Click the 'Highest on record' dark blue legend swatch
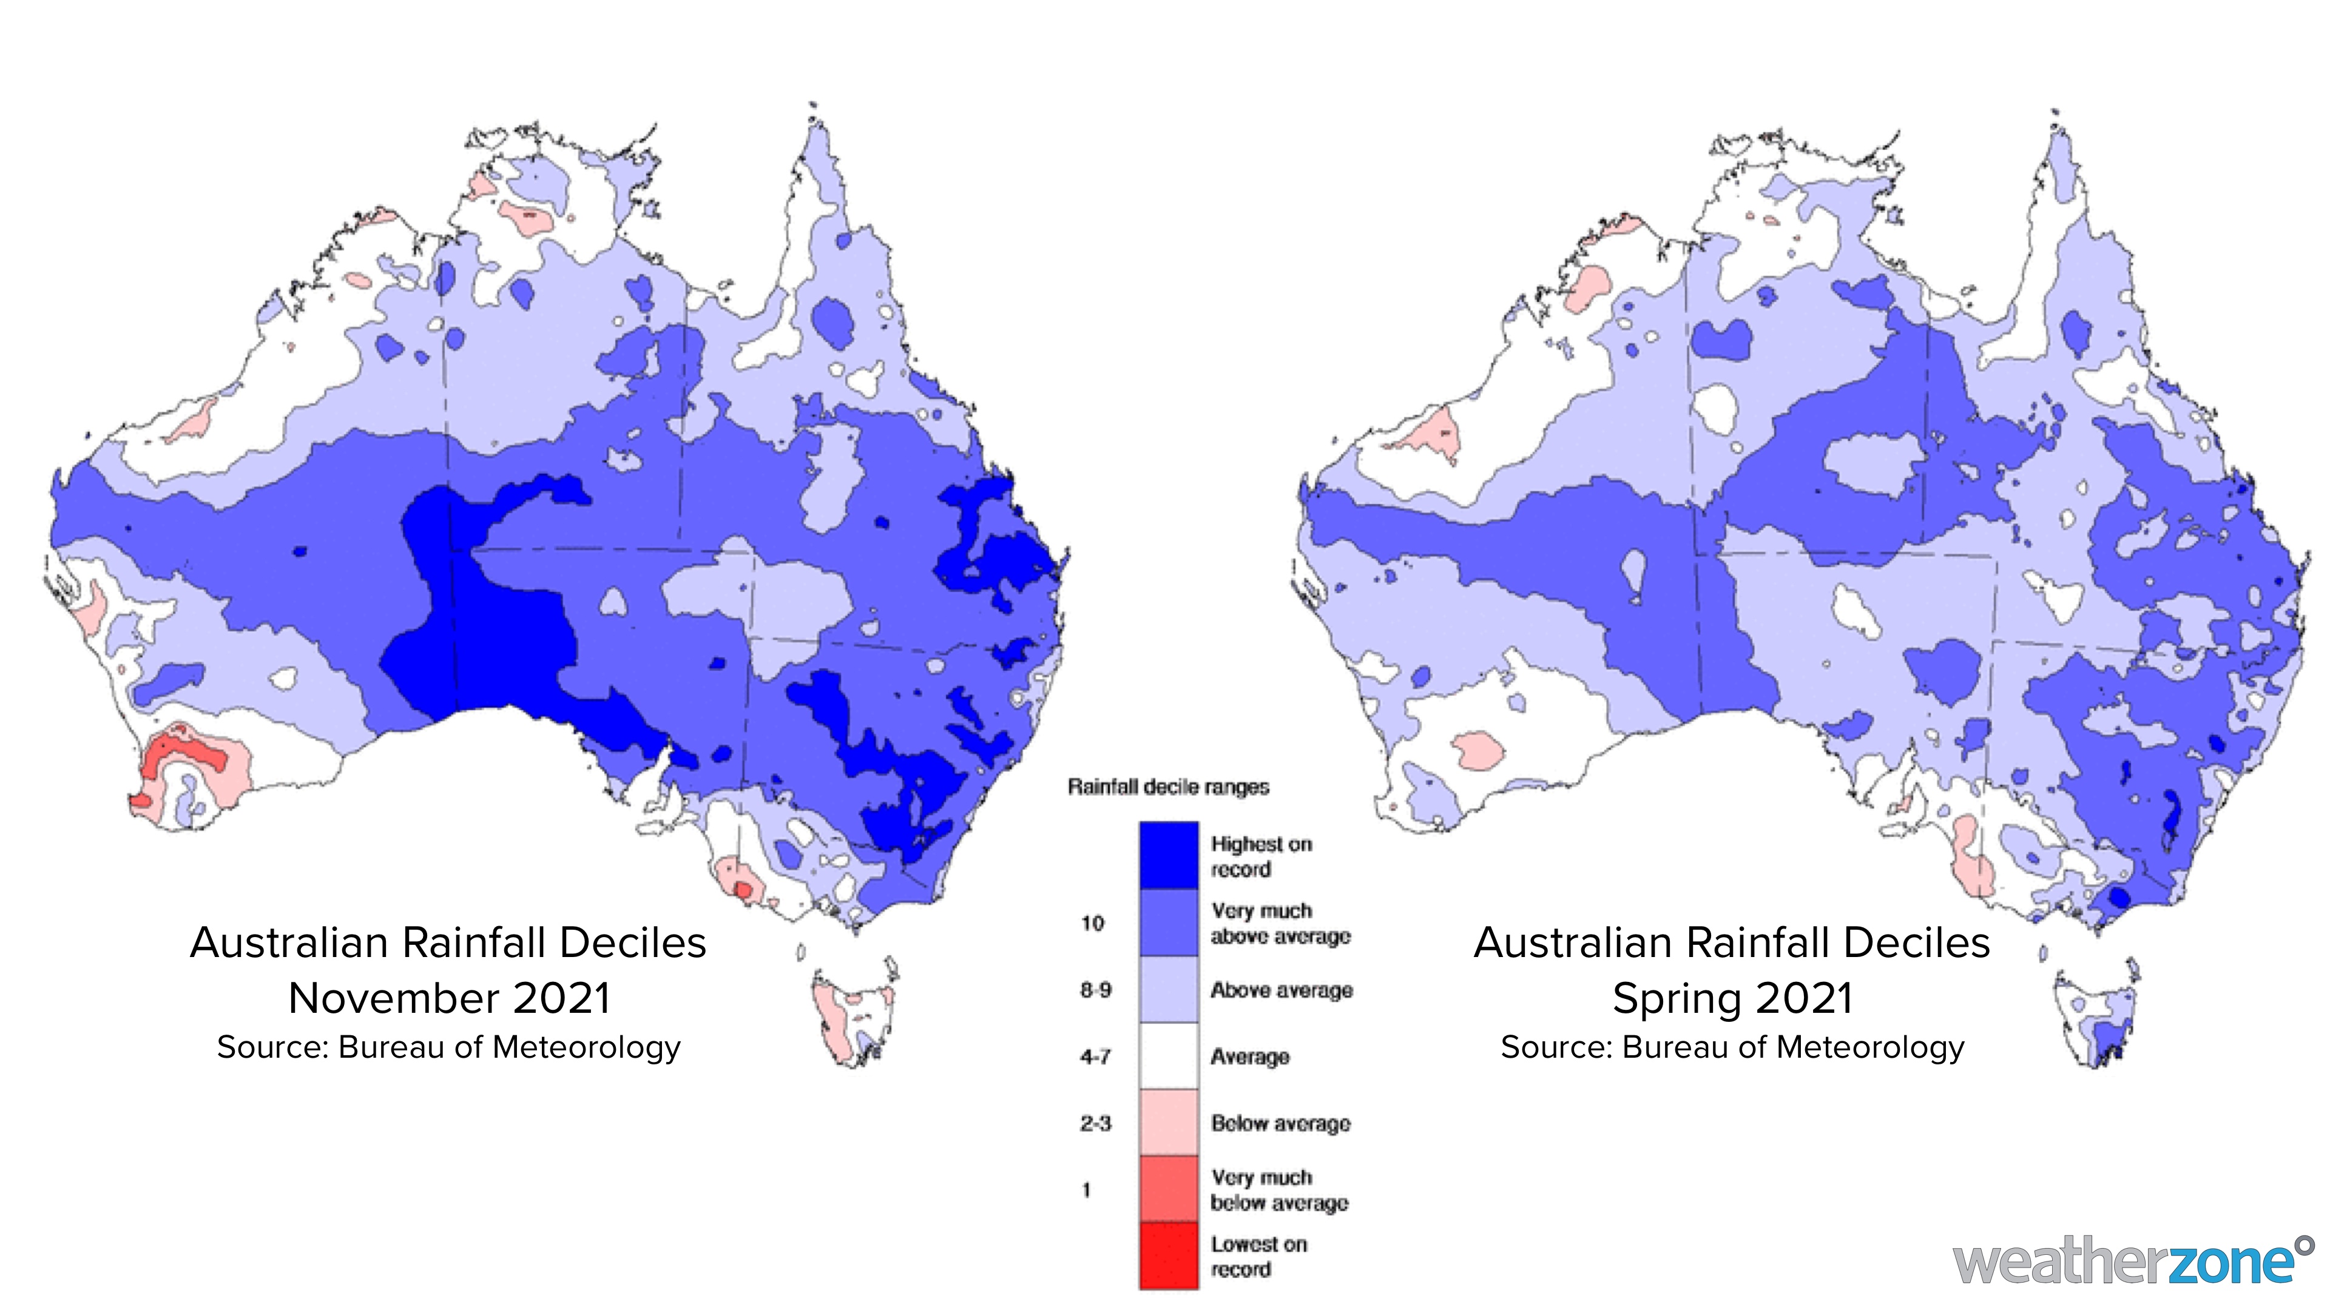tap(1169, 855)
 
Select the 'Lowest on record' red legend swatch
tap(1169, 1256)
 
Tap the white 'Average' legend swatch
tap(1169, 1056)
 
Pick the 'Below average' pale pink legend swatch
tap(1169, 1122)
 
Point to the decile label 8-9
tap(1095, 990)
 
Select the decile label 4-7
tap(1095, 1056)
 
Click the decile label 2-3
tap(1095, 1123)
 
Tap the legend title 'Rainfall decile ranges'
tap(1169, 787)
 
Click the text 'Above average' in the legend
tap(1281, 990)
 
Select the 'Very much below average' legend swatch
tap(1169, 1189)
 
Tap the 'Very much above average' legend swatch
tap(1169, 923)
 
